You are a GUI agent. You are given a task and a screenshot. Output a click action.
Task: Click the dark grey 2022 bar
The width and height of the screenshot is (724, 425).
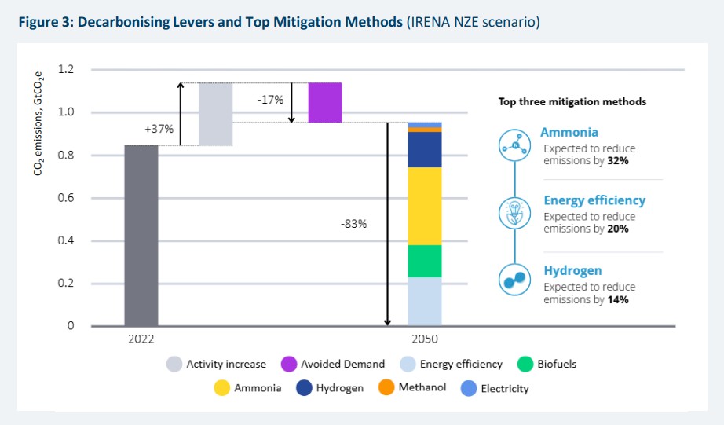(141, 236)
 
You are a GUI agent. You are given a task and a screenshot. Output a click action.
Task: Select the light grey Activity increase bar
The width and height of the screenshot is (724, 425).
(215, 114)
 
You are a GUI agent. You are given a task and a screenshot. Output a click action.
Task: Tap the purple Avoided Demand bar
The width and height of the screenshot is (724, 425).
(324, 102)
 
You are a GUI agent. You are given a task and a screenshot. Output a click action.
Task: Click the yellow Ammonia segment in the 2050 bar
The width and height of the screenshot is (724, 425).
(424, 206)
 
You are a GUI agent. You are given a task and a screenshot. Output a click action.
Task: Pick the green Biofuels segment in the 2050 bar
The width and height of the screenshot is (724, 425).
(424, 261)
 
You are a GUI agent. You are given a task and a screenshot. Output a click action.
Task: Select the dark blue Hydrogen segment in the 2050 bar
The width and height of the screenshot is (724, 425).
(424, 149)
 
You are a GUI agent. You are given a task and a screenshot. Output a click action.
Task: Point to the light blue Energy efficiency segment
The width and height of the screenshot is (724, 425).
(424, 301)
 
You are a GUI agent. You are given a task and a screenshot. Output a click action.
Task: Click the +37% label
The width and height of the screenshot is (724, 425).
(158, 129)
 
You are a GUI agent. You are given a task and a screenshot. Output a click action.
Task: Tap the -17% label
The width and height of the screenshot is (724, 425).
(270, 100)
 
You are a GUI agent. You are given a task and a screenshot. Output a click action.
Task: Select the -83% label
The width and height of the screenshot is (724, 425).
(353, 224)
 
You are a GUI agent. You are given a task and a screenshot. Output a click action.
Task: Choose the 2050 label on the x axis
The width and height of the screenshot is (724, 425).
(424, 339)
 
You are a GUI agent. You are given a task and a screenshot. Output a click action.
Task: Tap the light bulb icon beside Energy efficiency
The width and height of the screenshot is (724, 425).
(514, 212)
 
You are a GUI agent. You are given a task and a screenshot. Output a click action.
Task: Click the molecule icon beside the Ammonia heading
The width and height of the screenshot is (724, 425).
(514, 145)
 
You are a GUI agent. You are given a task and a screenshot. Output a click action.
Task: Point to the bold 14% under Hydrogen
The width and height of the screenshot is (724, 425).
(618, 299)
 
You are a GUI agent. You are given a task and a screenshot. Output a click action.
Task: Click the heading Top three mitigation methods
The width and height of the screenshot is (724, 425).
(572, 102)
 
